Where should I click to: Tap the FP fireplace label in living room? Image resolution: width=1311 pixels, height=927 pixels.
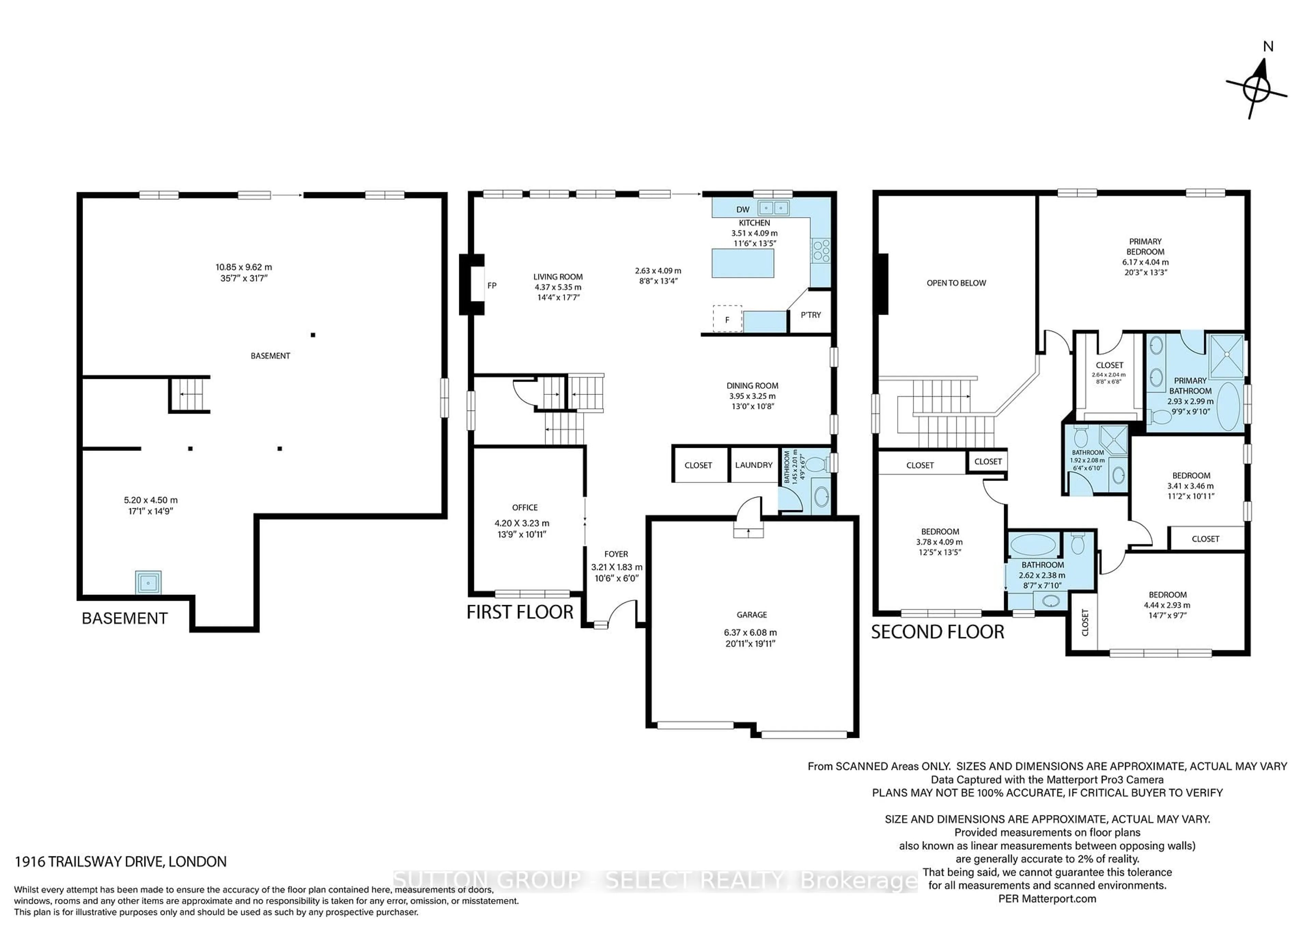[492, 285]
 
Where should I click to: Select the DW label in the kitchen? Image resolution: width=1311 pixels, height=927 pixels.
[743, 210]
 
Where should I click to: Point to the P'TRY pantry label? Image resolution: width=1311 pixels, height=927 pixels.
[810, 315]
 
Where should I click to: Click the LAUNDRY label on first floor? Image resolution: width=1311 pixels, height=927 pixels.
[754, 465]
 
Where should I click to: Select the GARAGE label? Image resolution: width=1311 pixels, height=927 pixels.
[751, 615]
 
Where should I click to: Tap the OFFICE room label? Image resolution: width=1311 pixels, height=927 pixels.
[525, 508]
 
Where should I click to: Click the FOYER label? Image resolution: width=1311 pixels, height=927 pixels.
[616, 554]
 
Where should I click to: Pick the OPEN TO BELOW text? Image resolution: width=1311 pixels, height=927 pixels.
[956, 283]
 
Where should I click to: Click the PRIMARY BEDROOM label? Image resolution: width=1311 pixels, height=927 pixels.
[1145, 246]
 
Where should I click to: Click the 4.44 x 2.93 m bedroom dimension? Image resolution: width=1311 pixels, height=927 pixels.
[1167, 605]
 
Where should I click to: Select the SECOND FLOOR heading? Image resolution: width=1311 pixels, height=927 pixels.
[938, 632]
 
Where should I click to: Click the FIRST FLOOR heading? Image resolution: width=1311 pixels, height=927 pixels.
[520, 612]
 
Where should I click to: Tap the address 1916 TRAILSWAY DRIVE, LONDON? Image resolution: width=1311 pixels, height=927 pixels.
[121, 861]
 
